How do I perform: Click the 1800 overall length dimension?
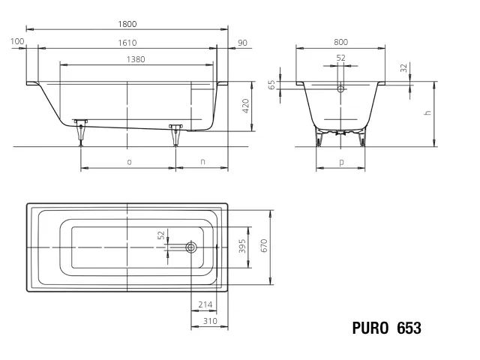[x=127, y=24]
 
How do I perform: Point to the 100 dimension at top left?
[x=19, y=41]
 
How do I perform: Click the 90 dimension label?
[x=242, y=41]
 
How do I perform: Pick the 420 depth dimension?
[x=245, y=106]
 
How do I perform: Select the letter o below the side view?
[x=129, y=161]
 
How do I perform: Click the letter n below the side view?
[x=202, y=161]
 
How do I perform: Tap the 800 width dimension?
[x=340, y=43]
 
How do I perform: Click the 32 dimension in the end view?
[x=404, y=67]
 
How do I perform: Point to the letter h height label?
[x=427, y=112]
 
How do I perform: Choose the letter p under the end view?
[x=341, y=161]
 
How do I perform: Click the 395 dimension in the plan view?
[x=242, y=247]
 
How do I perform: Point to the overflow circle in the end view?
[x=341, y=88]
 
